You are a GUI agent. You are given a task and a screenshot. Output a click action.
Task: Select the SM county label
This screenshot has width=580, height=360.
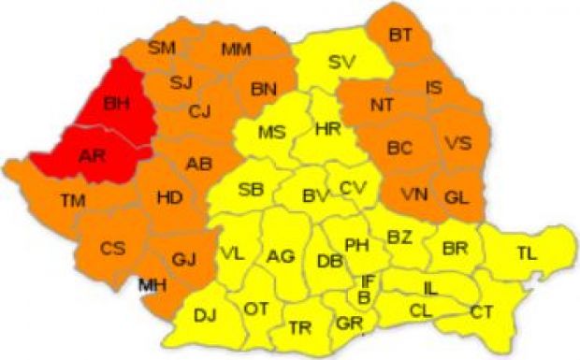(163, 47)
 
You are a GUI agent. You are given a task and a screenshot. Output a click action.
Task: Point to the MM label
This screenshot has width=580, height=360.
(236, 49)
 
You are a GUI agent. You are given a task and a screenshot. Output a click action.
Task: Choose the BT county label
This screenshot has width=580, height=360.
(400, 36)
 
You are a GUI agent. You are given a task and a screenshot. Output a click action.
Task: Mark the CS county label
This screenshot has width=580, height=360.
(113, 249)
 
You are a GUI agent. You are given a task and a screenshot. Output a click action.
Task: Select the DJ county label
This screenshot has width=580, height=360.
(205, 314)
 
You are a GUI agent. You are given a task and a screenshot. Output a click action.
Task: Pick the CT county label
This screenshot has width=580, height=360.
(482, 311)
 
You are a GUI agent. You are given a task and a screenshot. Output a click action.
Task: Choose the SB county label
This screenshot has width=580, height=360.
(250, 189)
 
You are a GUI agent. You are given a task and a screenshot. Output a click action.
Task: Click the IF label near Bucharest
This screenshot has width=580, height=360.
(370, 281)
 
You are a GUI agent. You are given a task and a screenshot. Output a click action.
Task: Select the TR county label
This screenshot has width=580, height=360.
(300, 327)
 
